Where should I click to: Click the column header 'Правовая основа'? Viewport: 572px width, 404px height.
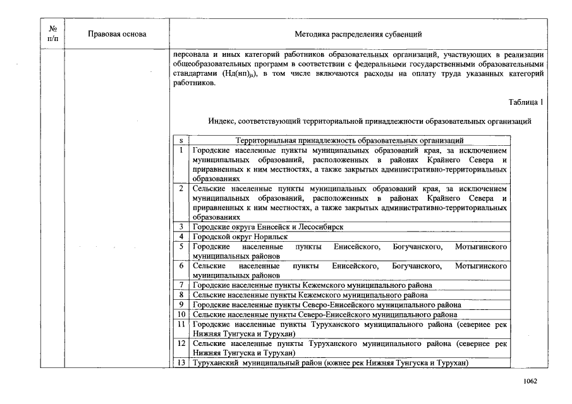point(117,34)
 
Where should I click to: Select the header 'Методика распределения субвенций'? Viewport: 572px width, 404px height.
point(358,34)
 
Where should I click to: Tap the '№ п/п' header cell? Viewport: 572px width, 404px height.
point(53,34)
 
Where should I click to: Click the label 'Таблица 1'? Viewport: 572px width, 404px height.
point(525,102)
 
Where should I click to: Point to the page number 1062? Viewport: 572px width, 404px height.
point(530,381)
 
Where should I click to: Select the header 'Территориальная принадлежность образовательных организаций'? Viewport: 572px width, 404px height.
point(350,140)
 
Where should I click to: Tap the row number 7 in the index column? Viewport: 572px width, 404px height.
point(181,285)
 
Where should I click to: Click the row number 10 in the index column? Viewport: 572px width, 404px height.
point(181,314)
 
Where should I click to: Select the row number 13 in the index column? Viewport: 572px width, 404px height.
point(181,362)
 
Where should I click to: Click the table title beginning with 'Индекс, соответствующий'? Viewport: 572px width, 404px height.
point(369,121)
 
